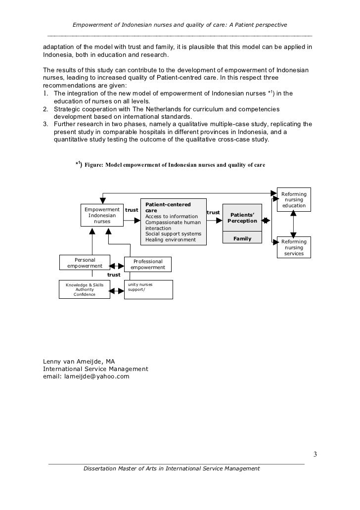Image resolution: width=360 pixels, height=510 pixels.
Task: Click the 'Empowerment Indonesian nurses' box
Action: (102, 216)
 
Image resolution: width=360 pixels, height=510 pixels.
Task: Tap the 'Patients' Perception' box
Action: (242, 218)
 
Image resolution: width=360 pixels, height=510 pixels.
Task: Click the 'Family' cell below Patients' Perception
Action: (242, 239)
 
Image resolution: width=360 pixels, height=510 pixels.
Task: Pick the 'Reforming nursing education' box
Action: (294, 200)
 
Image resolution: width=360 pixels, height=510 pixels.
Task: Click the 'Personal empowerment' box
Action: (85, 263)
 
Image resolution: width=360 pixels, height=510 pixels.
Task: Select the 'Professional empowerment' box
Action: (148, 265)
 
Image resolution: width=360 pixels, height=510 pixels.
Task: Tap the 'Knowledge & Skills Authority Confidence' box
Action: (85, 289)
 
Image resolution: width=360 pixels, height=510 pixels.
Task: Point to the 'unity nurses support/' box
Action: (148, 289)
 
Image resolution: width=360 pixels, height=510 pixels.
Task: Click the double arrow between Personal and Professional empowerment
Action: (116, 266)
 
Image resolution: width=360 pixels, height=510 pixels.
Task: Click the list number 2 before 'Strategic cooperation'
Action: (45, 109)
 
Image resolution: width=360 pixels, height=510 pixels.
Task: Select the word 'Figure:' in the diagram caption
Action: (94, 164)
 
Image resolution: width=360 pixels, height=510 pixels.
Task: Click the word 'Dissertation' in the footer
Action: (102, 468)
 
